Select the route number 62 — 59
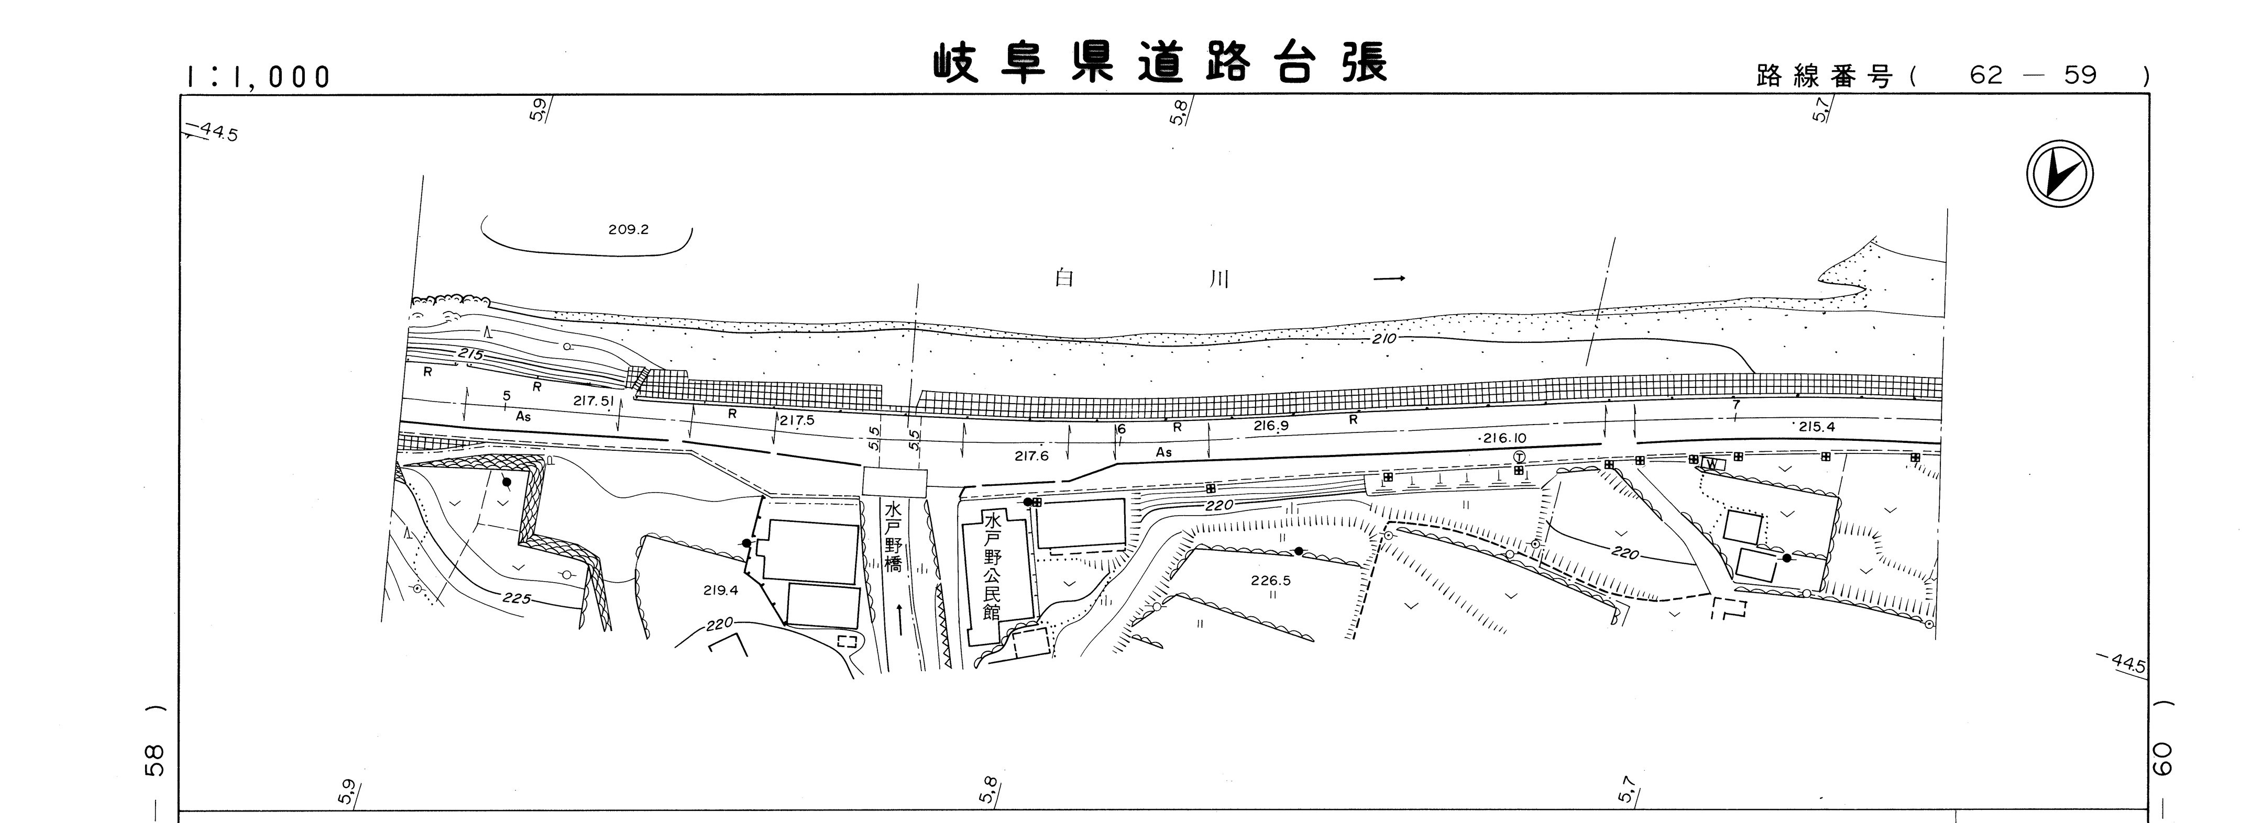(x=2034, y=75)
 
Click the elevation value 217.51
(x=596, y=400)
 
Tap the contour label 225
(x=518, y=598)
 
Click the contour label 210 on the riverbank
(x=1385, y=338)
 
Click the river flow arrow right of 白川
(x=1389, y=279)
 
